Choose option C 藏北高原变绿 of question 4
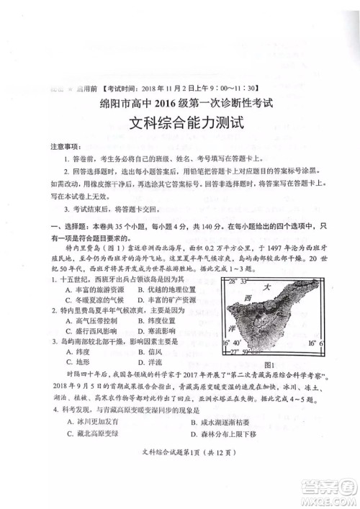pos(87,434)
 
